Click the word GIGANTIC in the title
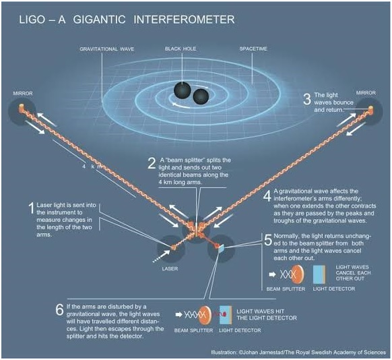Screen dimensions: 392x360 [x=99, y=20]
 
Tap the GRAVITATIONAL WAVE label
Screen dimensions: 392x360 [x=106, y=49]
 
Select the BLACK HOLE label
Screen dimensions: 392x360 [x=181, y=49]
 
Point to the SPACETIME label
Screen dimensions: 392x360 [x=253, y=49]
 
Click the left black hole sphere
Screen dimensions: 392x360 [x=183, y=90]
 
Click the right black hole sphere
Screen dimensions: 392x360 [x=201, y=96]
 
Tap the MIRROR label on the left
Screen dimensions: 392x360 [x=23, y=93]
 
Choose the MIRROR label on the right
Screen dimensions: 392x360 [x=366, y=93]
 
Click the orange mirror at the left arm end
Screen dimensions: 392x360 [x=21, y=108]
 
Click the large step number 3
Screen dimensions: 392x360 [x=307, y=99]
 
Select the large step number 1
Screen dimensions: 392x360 [x=32, y=208]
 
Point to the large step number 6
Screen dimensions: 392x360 [x=59, y=309]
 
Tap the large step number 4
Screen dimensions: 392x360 [x=267, y=196]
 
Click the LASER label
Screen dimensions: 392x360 [x=170, y=269]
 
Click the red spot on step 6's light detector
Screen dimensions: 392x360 [x=224, y=313]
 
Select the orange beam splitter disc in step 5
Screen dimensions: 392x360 [x=298, y=274]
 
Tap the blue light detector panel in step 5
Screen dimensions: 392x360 [x=319, y=274]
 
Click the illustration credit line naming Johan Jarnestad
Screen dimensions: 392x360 [x=298, y=352]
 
